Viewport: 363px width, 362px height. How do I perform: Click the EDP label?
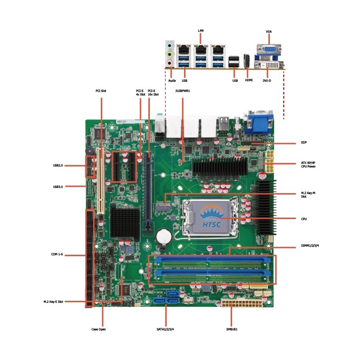pyautogui.click(x=303, y=142)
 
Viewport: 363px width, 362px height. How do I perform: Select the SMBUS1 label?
pyautogui.click(x=231, y=329)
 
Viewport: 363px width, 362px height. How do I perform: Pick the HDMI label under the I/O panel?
pyautogui.click(x=249, y=80)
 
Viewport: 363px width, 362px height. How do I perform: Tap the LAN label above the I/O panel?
pyautogui.click(x=201, y=31)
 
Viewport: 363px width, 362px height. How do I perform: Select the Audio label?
pyautogui.click(x=172, y=80)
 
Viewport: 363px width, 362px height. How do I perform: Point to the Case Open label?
pyautogui.click(x=99, y=329)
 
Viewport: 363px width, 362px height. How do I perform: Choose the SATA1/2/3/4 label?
pyautogui.click(x=167, y=329)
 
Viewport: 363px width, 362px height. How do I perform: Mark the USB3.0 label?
pyautogui.click(x=58, y=187)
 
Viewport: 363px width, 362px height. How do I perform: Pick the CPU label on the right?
pyautogui.click(x=304, y=219)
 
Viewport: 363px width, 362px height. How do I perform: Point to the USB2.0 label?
pyautogui.click(x=58, y=165)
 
